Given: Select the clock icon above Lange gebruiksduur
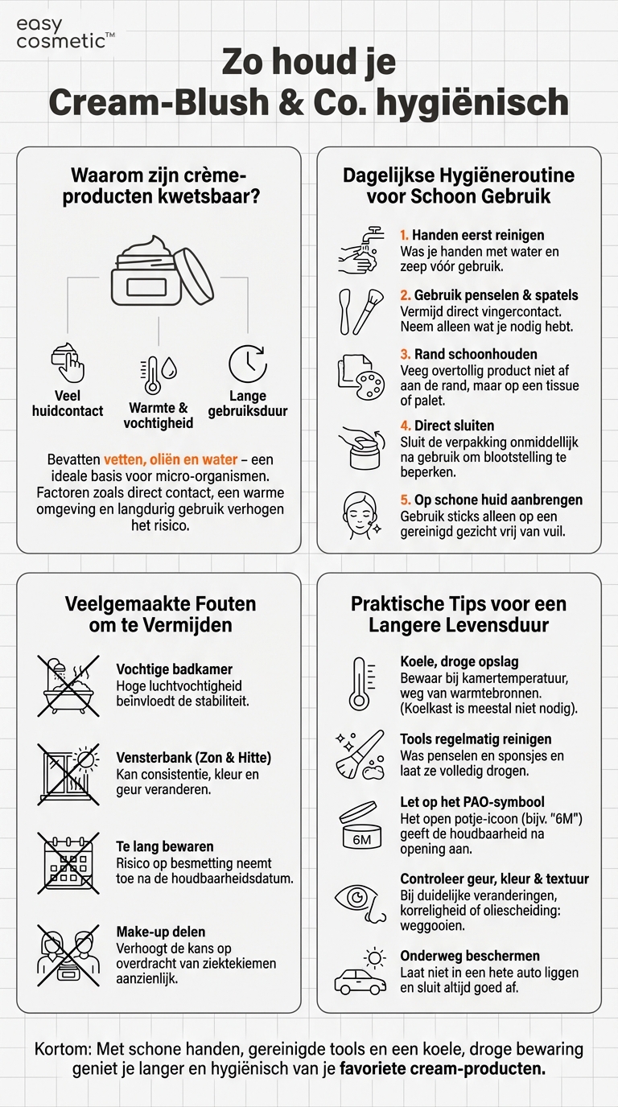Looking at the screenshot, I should [x=248, y=364].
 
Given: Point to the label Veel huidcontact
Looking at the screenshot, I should [x=68, y=403].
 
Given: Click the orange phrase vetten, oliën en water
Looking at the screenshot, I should [x=171, y=459].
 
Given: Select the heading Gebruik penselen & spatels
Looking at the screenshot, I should [x=496, y=296].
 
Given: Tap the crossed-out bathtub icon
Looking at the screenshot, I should [x=68, y=685].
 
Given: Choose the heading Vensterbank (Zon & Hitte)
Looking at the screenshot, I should [x=193, y=758].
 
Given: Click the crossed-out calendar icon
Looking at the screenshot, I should [x=68, y=862].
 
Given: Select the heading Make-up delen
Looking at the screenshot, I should [x=161, y=932].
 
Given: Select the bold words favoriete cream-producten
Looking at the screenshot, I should [x=443, y=1069].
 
